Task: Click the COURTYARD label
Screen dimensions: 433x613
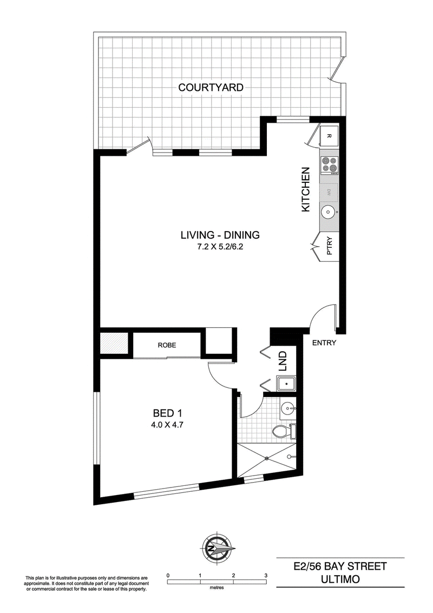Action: pos(211,88)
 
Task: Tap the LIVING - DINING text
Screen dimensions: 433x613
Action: pos(220,235)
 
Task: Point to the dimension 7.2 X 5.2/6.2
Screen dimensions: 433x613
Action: pos(220,247)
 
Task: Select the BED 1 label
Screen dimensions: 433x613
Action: pos(167,413)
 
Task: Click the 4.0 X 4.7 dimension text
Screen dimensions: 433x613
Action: pos(168,425)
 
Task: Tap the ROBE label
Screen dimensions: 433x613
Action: pos(167,345)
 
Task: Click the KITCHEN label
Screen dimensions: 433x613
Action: pos(305,189)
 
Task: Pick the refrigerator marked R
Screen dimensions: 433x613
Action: pos(329,136)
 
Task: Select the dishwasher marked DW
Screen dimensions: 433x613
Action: pos(329,192)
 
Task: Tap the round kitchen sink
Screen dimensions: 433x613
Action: pos(327,213)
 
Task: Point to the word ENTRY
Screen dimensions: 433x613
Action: pos(324,343)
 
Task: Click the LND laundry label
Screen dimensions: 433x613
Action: pos(283,361)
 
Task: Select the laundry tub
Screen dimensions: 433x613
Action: pos(286,384)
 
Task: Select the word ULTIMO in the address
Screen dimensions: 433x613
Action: pos(340,579)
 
